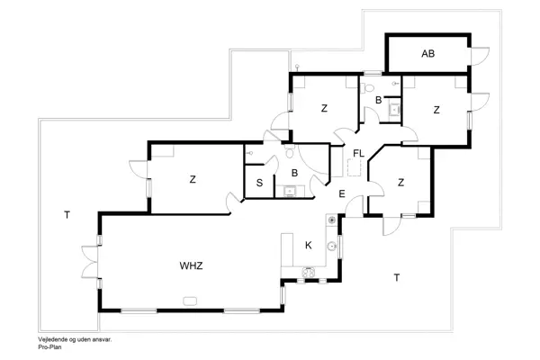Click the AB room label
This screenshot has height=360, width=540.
(428, 54)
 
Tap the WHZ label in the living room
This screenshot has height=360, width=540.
(191, 265)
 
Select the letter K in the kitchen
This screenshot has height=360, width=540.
(308, 245)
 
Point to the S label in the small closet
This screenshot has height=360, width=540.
(259, 183)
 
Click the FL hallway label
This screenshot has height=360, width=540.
(357, 153)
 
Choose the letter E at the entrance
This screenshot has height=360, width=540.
(342, 193)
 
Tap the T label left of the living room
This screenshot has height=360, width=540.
(67, 214)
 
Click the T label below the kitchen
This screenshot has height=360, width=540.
(396, 277)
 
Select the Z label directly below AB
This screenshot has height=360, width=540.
(436, 110)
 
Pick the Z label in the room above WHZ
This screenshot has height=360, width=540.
(193, 179)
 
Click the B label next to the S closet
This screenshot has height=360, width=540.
(294, 173)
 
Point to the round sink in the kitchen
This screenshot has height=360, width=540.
(332, 244)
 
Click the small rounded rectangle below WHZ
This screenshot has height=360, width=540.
(190, 301)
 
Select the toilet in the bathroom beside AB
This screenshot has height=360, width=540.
(370, 88)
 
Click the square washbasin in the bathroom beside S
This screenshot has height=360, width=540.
(290, 190)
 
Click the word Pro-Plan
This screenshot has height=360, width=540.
(49, 346)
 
